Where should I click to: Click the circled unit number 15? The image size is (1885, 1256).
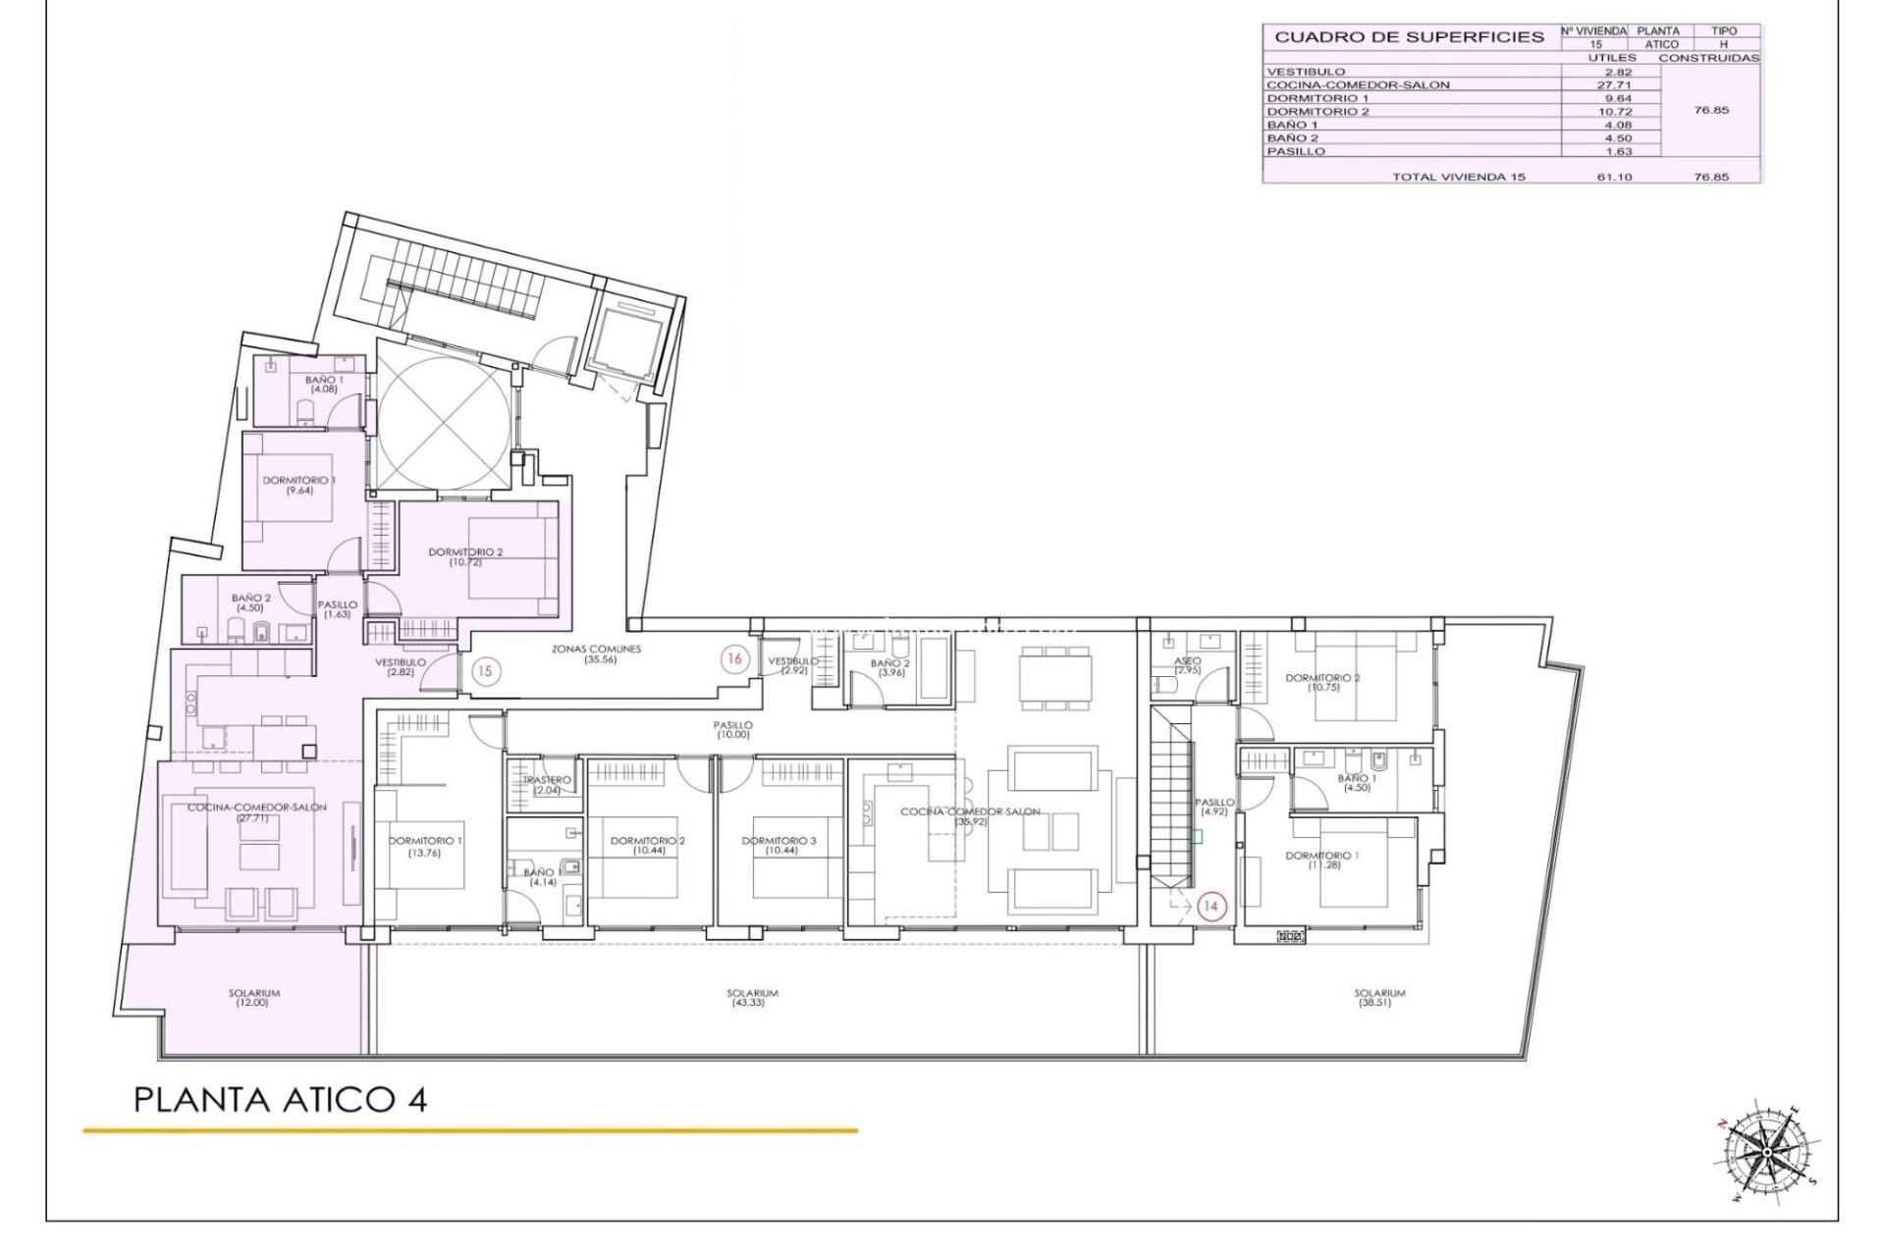coord(484,672)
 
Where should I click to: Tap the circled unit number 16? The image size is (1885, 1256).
coord(733,659)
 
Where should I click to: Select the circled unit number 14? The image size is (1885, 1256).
coord(1211,907)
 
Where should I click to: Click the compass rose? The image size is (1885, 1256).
coord(1766,1150)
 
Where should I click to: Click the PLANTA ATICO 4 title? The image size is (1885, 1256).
coord(280,1100)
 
